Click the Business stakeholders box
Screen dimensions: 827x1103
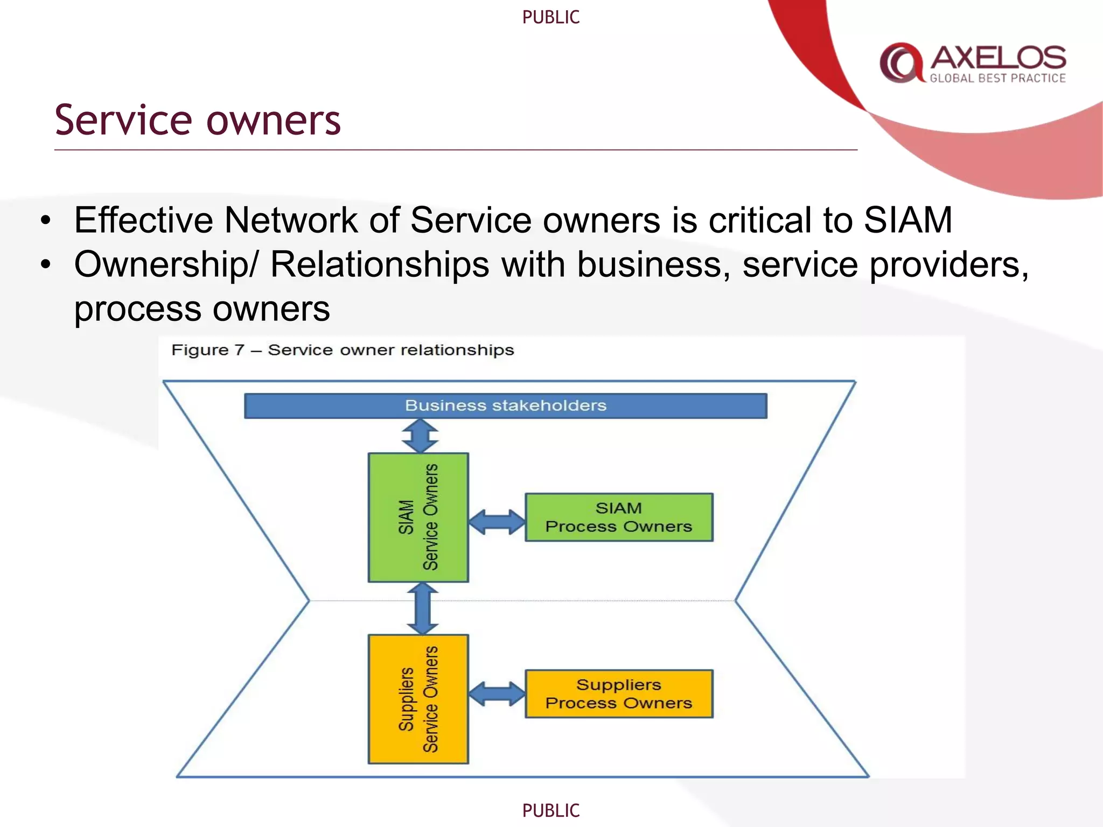[505, 405]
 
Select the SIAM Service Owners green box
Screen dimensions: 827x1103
[418, 517]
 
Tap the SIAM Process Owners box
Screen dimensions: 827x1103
[619, 517]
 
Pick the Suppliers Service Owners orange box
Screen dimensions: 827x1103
[418, 699]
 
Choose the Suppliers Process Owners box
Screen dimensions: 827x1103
[619, 693]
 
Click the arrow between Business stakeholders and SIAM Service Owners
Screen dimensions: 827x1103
[420, 436]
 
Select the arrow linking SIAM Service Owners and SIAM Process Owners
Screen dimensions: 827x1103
[497, 522]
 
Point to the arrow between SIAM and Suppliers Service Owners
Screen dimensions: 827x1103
[422, 608]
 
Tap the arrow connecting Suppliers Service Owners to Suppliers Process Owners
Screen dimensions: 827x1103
[497, 693]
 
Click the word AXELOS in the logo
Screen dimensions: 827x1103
[998, 58]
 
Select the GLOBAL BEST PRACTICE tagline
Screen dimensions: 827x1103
[997, 79]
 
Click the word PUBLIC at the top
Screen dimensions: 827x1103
[550, 17]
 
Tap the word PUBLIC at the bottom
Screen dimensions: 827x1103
[550, 810]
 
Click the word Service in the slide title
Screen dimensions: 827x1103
[123, 120]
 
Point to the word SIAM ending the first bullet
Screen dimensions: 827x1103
[908, 220]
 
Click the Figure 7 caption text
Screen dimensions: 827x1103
[343, 350]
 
